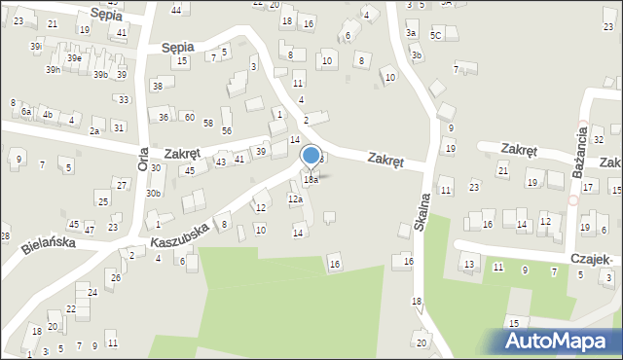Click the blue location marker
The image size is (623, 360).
point(311,156)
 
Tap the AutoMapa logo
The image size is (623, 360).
point(560,341)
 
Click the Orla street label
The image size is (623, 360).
point(142,158)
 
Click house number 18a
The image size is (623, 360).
point(311,180)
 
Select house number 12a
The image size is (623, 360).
point(295,199)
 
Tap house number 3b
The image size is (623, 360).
point(416,55)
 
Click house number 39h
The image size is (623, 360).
point(53,70)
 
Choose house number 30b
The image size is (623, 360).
point(153,193)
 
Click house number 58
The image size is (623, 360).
point(208,123)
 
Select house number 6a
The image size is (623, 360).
point(26,112)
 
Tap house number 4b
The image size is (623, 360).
point(47,114)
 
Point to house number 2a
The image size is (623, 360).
point(94,130)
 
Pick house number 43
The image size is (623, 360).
point(221,162)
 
